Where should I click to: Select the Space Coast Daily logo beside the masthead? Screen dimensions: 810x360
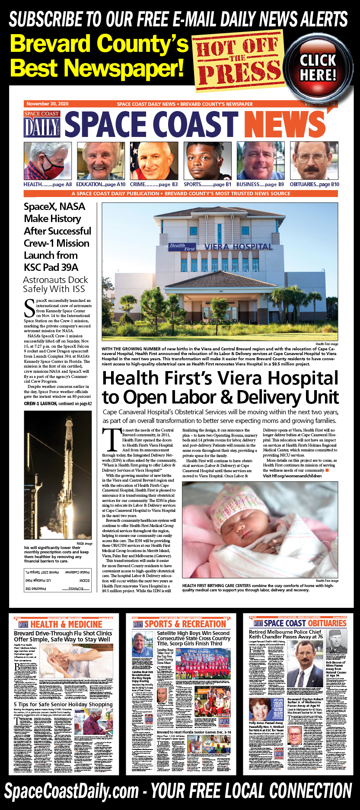click(42, 124)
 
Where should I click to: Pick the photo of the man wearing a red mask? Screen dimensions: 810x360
click(48, 161)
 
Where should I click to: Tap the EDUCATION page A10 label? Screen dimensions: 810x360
click(101, 184)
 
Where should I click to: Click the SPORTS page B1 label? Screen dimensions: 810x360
click(207, 184)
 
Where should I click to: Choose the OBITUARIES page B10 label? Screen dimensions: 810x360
click(314, 184)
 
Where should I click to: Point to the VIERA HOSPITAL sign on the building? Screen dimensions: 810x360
click(238, 247)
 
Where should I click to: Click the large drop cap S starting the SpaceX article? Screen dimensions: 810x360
click(29, 308)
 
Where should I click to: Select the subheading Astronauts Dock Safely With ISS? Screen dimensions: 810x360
click(55, 284)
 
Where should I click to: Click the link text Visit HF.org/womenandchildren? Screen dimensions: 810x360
click(292, 476)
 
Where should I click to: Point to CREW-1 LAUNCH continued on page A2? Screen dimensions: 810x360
click(58, 403)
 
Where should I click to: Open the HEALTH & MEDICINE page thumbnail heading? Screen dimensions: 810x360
click(66, 624)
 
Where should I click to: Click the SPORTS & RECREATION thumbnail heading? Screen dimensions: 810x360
click(185, 624)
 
